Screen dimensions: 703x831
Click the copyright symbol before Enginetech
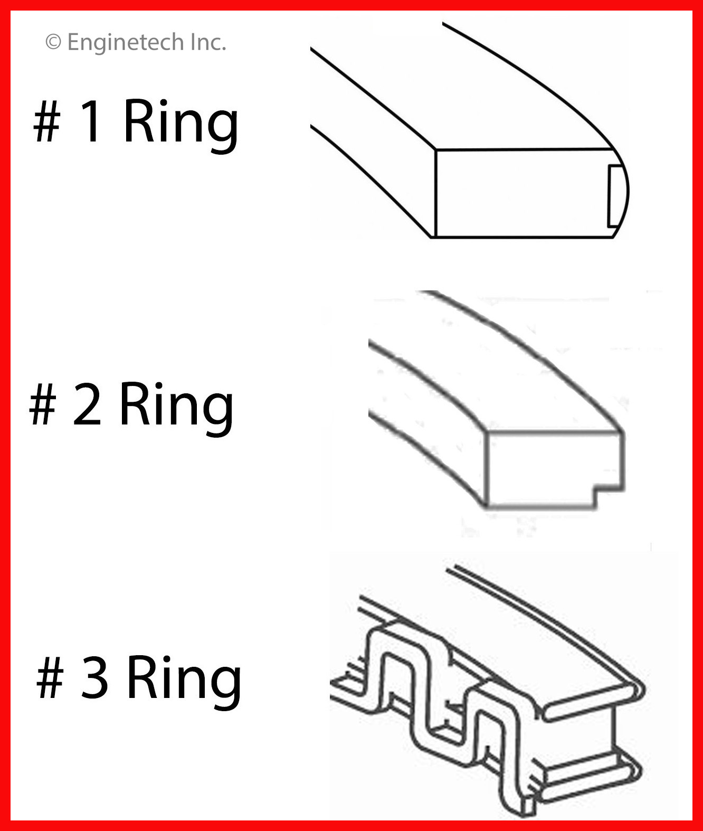pos(53,42)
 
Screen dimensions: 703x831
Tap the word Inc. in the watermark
pos(208,42)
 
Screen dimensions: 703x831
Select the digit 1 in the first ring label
pos(90,120)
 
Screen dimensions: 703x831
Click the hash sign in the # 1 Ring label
pos(47,121)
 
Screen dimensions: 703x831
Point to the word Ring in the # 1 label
pos(181,125)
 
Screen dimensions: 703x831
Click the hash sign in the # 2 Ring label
pos(43,404)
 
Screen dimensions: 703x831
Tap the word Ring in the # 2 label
pos(176,408)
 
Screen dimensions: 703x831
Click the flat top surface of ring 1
pos(474,92)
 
